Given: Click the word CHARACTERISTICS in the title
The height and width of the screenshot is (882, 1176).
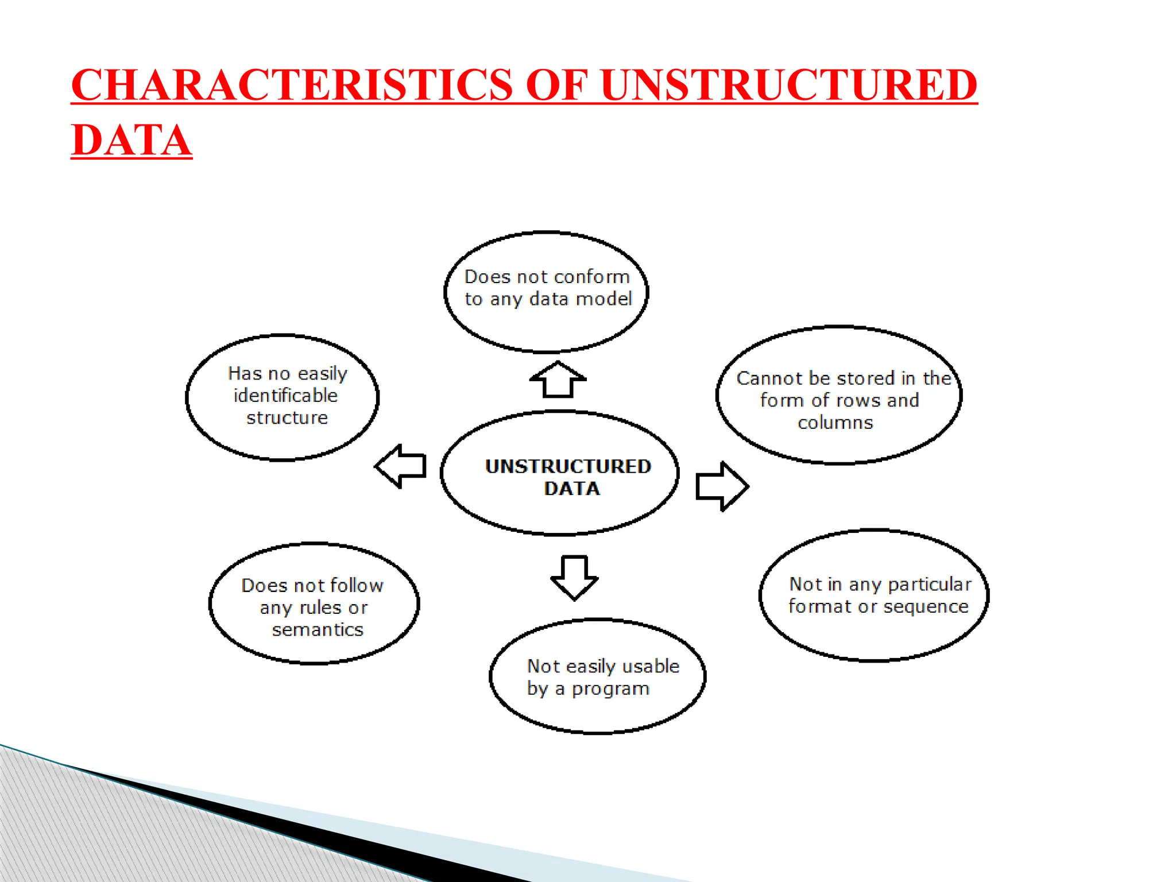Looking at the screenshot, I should [291, 85].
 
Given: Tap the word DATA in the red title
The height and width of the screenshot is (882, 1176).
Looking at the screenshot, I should [131, 141].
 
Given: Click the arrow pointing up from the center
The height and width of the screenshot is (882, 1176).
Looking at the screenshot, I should [558, 380].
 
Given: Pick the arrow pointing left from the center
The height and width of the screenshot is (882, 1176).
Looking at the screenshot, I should [401, 466].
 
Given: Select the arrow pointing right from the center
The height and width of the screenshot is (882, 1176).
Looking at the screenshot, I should [721, 486].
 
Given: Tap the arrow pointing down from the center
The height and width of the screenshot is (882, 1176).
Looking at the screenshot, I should [574, 577].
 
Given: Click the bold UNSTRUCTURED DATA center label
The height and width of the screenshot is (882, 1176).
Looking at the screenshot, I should [568, 477].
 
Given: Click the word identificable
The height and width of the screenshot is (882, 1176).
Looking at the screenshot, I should [285, 396].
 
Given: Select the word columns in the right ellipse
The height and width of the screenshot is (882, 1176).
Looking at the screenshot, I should [835, 423].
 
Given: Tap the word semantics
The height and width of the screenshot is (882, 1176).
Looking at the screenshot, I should [318, 630].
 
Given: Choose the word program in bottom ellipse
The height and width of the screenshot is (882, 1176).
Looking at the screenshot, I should [610, 689].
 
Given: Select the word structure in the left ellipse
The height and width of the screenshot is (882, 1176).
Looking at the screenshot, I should [287, 418].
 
